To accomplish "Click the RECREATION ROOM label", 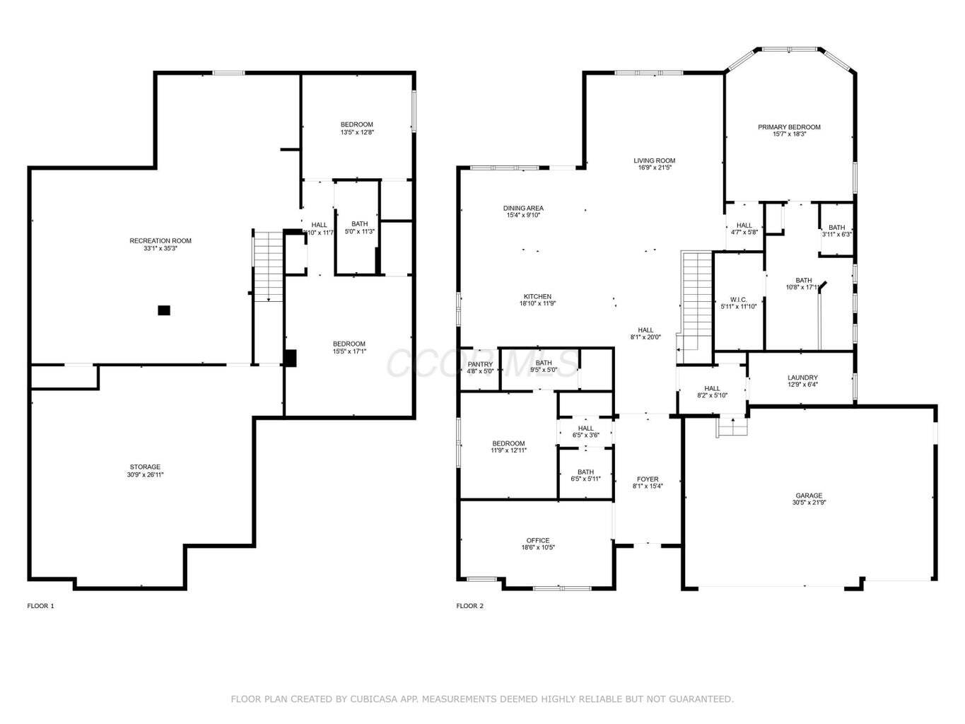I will [x=160, y=241].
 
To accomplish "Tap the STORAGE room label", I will [x=145, y=467].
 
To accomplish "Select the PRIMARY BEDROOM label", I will [x=789, y=127].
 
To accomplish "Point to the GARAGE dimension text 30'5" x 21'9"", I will [x=809, y=503].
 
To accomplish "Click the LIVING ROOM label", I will [x=654, y=160].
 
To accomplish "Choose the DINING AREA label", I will [x=523, y=208].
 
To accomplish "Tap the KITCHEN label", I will [x=537, y=297].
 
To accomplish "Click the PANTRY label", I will [x=480, y=365].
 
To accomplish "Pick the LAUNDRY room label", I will [x=802, y=378].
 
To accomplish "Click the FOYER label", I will [x=647, y=479].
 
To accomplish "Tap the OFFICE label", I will [x=537, y=541].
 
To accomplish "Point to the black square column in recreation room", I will [x=164, y=310].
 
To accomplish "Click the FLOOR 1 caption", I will [x=40, y=606].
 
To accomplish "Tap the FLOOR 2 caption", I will [x=470, y=606].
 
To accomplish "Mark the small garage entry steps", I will [x=732, y=427].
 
